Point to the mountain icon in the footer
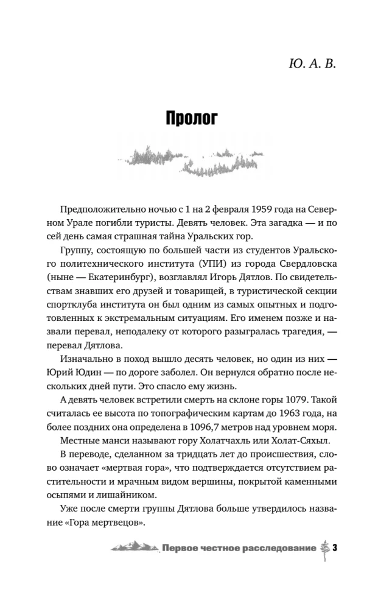[136, 547]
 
